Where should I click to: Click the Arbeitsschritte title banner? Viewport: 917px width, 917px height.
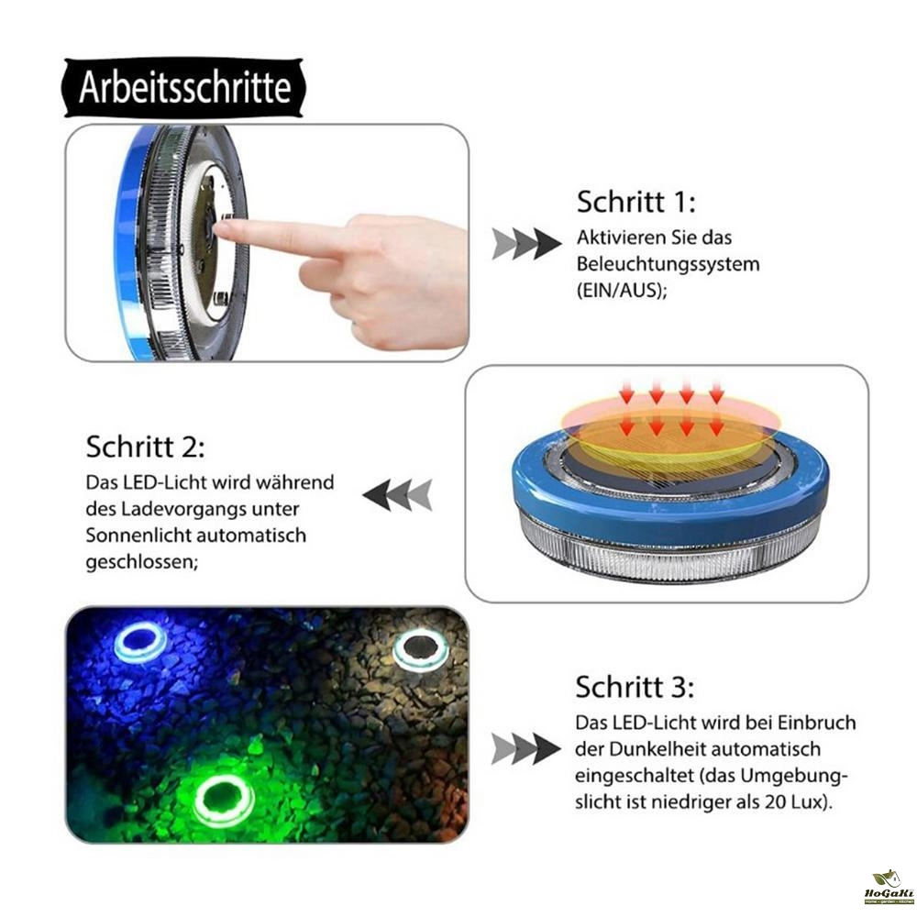click(x=184, y=88)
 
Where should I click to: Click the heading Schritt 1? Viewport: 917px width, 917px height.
click(x=636, y=202)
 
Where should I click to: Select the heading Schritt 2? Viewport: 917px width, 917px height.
click(x=146, y=447)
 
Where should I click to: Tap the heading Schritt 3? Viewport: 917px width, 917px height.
click(x=635, y=687)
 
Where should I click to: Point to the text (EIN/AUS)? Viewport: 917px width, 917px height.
click(x=622, y=290)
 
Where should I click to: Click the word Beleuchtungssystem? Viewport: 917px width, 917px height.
click(x=668, y=264)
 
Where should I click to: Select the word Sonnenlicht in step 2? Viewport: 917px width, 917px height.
click(x=138, y=536)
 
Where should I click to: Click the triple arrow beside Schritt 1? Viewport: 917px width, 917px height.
click(x=526, y=244)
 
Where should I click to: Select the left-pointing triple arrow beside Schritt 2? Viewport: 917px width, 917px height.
click(x=398, y=495)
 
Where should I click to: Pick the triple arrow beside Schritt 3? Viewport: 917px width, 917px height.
click(x=525, y=749)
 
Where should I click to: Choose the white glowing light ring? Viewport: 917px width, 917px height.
click(x=420, y=648)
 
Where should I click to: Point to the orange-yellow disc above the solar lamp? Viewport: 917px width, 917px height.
click(x=671, y=426)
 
